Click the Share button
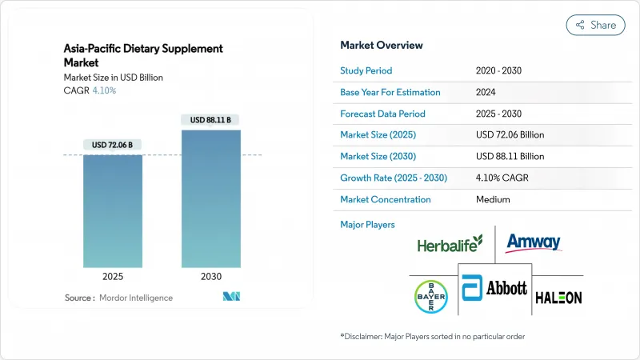(595, 25)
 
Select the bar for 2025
(113, 212)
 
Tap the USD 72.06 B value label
(113, 145)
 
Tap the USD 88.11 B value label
(210, 120)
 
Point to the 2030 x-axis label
(210, 276)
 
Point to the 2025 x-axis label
(113, 276)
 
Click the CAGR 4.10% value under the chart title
(104, 90)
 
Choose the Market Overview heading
(382, 45)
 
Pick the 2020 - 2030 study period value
(499, 71)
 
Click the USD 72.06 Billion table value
(510, 135)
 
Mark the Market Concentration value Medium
(493, 199)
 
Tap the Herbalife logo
(450, 243)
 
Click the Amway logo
(534, 242)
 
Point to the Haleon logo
(558, 297)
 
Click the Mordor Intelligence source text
(141, 298)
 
